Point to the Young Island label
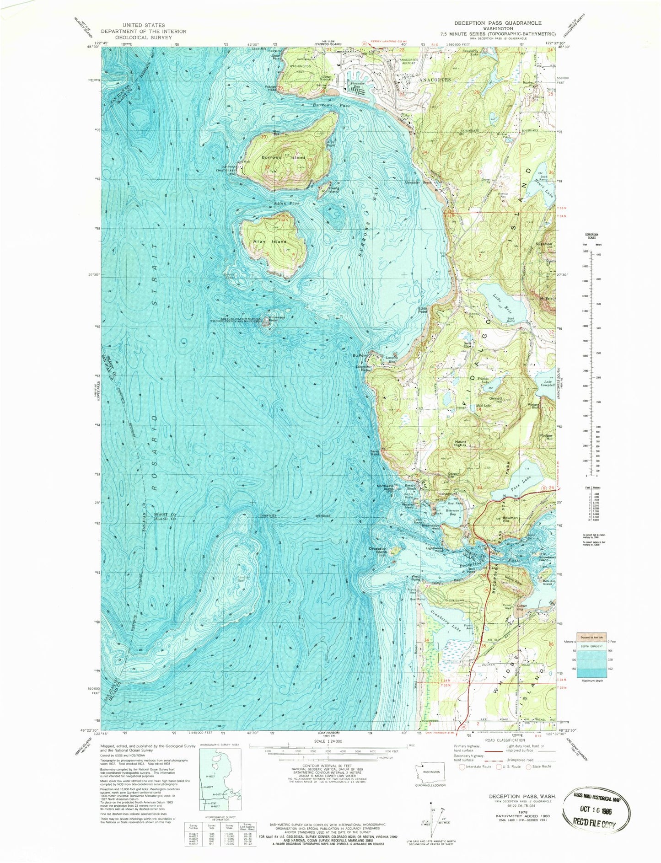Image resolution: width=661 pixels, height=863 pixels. [x=333, y=189]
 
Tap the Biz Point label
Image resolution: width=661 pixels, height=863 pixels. [x=360, y=355]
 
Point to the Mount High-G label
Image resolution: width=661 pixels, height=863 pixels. [x=459, y=444]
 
